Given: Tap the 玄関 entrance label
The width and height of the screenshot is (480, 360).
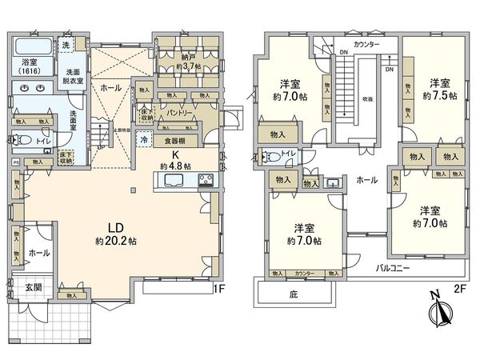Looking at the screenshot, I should [x=33, y=287].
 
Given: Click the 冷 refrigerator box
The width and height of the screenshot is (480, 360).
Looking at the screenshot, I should [x=143, y=138].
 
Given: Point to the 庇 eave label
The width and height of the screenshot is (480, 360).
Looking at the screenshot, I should [x=294, y=294].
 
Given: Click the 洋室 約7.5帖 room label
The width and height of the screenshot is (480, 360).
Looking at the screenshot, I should [x=440, y=89].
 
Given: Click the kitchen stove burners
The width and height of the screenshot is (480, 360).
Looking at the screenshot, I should [x=205, y=182].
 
